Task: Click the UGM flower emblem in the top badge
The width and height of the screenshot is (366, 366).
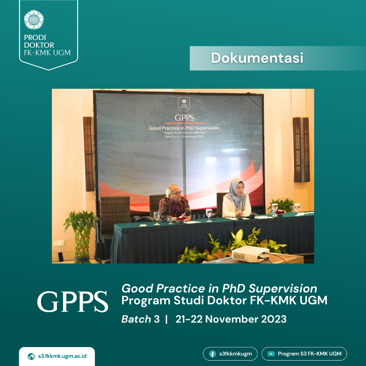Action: click(34, 20)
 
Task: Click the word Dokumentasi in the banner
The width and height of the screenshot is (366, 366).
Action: click(257, 58)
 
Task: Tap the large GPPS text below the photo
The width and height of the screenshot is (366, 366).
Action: click(73, 302)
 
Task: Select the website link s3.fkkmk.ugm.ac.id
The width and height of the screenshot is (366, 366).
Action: click(62, 356)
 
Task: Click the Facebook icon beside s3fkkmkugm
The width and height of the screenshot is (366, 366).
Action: click(212, 354)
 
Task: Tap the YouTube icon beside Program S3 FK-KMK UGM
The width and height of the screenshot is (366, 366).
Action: click(271, 354)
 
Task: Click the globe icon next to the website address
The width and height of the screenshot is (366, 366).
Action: click(31, 357)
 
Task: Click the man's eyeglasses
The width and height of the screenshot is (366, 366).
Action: click(177, 193)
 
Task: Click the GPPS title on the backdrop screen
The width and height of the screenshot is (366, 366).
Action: click(184, 118)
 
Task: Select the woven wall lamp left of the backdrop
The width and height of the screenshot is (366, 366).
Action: click(88, 154)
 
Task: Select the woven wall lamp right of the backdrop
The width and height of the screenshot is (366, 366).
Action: click(301, 150)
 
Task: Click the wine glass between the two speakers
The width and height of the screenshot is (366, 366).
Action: click(209, 215)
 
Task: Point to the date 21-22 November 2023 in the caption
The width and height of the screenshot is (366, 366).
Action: click(231, 319)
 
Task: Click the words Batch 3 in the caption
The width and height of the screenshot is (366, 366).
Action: click(140, 319)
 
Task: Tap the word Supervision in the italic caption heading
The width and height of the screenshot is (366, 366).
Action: click(283, 289)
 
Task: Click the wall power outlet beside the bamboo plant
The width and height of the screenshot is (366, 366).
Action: click(59, 243)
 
